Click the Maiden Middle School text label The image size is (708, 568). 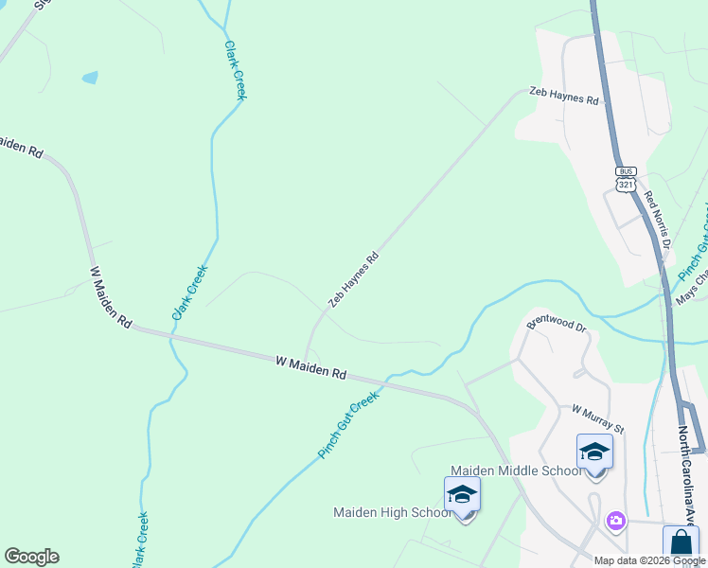pyautogui.click(x=516, y=470)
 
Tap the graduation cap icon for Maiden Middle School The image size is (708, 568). pyautogui.click(x=594, y=452)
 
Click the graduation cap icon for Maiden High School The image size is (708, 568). pyautogui.click(x=462, y=494)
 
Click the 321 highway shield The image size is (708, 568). pyautogui.click(x=626, y=185)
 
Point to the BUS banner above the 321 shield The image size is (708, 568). pyautogui.click(x=626, y=171)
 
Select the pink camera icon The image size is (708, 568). pyautogui.click(x=616, y=520)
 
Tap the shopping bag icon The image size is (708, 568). pyautogui.click(x=681, y=543)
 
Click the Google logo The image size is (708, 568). pyautogui.click(x=31, y=557)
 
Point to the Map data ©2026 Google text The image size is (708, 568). pyautogui.click(x=649, y=560)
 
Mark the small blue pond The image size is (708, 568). pyautogui.click(x=90, y=78)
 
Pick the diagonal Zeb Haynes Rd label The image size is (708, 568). pyautogui.click(x=354, y=279)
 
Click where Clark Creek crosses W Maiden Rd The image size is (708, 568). pyautogui.click(x=172, y=335)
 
